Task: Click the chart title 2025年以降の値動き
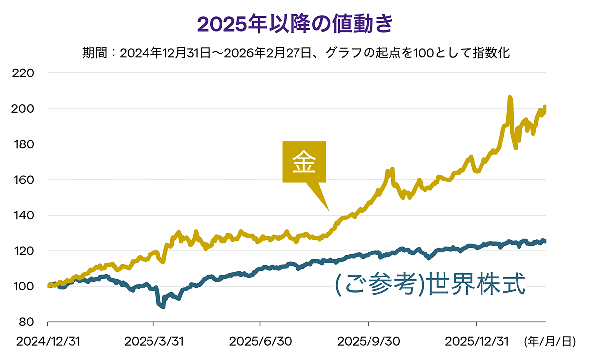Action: pos(296,23)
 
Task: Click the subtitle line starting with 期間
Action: pos(296,53)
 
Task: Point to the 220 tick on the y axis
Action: pos(24,73)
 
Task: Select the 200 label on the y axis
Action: pos(24,108)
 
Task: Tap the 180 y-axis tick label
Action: pos(24,144)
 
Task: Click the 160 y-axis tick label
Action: pos(24,180)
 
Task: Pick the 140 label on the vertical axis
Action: pos(24,215)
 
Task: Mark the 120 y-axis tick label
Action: pos(24,251)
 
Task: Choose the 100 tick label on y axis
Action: pos(24,286)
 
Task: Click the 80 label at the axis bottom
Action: pos(27,322)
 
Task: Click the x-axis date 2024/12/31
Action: pos(48,341)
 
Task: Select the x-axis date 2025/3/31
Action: pos(153,341)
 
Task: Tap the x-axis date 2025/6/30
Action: pos(260,341)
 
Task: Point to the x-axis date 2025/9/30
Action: pos(368,341)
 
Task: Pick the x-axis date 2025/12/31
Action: pos(476,341)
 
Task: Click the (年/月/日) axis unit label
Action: pos(550,341)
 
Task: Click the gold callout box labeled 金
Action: pos(304,162)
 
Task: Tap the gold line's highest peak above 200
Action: pos(510,98)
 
